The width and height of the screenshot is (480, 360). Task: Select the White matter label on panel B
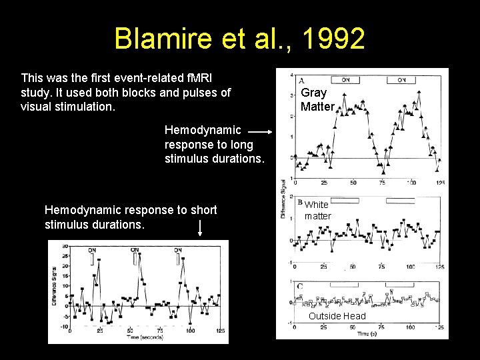317,211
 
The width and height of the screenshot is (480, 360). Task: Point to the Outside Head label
337,316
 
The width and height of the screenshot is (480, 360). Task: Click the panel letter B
301,202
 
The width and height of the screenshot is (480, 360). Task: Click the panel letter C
301,287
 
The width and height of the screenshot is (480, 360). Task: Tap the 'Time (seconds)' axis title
145,337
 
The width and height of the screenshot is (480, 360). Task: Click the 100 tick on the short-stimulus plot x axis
190,331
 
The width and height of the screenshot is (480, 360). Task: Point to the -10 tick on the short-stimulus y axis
64,326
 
